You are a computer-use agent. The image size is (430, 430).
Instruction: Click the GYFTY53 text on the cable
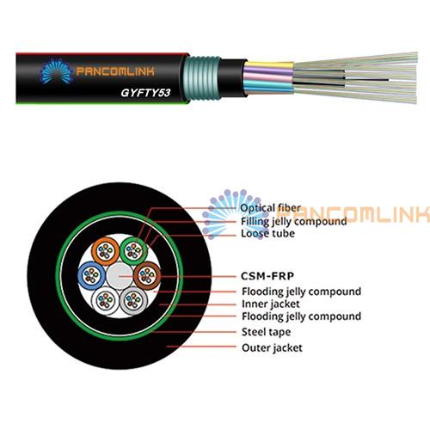(x=145, y=93)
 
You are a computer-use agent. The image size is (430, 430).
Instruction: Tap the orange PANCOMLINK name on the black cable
(x=115, y=71)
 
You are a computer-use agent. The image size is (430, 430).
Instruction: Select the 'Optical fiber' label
(x=271, y=208)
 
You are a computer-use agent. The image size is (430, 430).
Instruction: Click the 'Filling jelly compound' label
(x=294, y=221)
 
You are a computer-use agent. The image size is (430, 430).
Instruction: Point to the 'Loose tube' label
(x=267, y=233)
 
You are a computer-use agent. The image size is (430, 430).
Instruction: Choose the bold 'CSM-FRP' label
(x=267, y=276)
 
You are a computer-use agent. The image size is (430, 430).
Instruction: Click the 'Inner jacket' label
(x=271, y=304)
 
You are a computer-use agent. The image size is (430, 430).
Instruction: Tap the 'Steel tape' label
(x=266, y=332)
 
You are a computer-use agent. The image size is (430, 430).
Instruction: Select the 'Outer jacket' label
(x=272, y=347)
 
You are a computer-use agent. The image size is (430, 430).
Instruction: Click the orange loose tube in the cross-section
(x=105, y=252)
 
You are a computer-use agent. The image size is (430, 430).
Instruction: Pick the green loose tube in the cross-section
(x=134, y=250)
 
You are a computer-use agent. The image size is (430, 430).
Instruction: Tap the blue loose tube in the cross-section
(x=91, y=276)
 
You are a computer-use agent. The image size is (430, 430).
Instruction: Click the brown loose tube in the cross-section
(x=147, y=276)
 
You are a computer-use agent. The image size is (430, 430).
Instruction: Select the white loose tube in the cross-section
(x=105, y=301)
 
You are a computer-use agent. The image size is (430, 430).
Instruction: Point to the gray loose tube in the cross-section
(x=133, y=301)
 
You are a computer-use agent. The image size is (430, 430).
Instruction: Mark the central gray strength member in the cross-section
(x=120, y=276)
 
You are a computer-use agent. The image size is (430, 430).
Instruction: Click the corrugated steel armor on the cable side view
(x=202, y=78)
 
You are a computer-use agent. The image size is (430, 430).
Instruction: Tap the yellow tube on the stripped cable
(x=269, y=65)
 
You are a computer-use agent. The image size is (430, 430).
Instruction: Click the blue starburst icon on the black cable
(x=57, y=71)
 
